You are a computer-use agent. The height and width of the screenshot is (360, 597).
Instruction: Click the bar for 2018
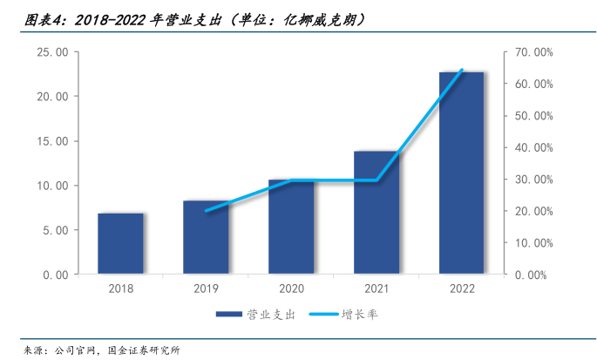120,244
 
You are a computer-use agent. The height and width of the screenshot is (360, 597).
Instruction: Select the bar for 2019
206,238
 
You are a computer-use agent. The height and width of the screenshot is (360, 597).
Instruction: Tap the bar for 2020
291,228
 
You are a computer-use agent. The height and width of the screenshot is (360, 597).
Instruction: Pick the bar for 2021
377,214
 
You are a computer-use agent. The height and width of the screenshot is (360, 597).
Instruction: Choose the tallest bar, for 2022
462,173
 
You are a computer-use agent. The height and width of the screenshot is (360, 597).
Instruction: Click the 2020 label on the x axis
291,289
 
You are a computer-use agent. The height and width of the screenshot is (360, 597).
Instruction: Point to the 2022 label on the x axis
462,289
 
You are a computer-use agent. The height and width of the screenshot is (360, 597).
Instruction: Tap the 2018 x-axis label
120,289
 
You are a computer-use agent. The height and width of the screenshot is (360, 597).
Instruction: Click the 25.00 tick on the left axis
50,52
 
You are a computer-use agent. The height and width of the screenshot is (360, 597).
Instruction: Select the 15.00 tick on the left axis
50,141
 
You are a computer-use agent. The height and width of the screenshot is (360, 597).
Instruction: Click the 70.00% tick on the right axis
530,52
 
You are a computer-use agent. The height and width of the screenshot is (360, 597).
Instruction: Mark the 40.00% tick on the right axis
530,147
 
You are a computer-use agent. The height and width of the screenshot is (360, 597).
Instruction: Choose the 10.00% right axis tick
530,243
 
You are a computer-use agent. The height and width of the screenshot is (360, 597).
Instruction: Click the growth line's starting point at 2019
206,210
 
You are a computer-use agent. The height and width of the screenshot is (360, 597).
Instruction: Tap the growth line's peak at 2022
462,70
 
